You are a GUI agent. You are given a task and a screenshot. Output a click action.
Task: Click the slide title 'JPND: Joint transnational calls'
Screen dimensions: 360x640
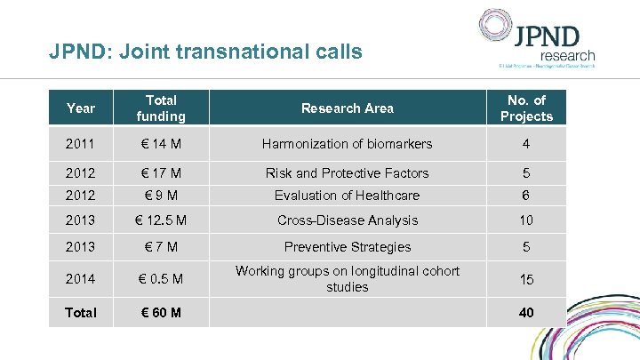coord(205,52)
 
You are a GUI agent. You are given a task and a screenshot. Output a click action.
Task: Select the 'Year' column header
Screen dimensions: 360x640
coord(81,108)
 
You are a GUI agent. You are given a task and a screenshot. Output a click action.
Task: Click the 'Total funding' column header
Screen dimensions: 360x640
coord(161,108)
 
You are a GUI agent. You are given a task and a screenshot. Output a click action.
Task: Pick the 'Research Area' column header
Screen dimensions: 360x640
coord(347,108)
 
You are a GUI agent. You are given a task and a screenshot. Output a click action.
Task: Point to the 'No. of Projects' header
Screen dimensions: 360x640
coord(526,108)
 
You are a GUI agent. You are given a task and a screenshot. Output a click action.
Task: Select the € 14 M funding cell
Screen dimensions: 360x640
coord(161,144)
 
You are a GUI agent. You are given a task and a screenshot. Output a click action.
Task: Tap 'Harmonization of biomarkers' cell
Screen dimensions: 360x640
coord(347,144)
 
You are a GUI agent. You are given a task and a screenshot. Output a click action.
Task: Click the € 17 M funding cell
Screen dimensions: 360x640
coord(161,173)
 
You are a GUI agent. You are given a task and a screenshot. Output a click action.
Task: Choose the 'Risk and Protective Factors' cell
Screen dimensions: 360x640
coord(347,173)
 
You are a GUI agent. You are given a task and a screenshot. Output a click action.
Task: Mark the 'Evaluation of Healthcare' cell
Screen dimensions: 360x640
coord(347,196)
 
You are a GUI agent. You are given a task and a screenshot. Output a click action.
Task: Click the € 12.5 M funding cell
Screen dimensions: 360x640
coord(161,220)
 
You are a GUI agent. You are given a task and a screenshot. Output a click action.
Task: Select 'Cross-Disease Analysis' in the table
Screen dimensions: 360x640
coord(347,220)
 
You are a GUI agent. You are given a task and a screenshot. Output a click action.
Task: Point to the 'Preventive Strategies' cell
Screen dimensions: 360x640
coord(347,247)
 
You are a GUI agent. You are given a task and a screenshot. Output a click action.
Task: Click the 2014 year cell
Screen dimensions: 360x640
coord(81,279)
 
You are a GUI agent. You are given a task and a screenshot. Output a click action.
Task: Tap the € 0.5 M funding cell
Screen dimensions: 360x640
coord(161,279)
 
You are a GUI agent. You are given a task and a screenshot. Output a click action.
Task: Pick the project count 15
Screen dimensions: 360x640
coord(526,279)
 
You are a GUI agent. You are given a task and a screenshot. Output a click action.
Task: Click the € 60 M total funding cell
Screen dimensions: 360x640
coord(161,313)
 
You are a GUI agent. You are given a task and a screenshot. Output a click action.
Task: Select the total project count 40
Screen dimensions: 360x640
coord(526,313)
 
